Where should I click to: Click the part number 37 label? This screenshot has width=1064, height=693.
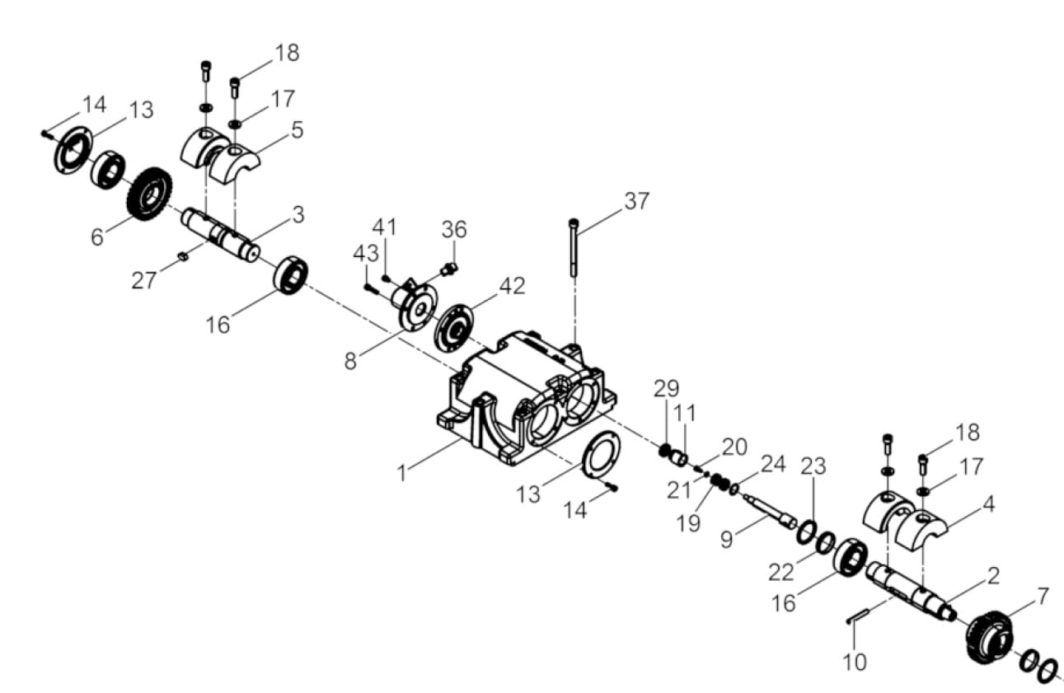click(636, 200)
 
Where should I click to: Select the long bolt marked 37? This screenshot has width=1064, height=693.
click(574, 247)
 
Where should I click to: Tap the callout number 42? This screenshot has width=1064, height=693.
click(511, 285)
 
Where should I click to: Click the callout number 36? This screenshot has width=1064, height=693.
click(454, 229)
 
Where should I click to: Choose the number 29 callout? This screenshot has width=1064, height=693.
click(666, 386)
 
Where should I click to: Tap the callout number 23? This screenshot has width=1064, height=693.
click(813, 466)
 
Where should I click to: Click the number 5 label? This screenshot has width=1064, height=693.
click(297, 129)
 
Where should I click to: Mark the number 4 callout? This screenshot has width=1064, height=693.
click(987, 503)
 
